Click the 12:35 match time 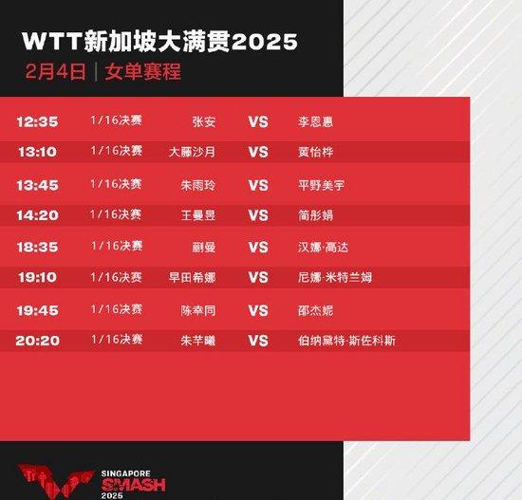(x=38, y=121)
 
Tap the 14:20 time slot (x=38, y=215)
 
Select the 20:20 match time (x=38, y=341)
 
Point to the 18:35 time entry (x=38, y=247)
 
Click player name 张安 (x=204, y=121)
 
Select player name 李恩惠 (x=316, y=121)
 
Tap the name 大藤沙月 (x=192, y=152)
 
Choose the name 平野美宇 (x=321, y=185)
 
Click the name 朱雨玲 (x=198, y=185)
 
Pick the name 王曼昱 (x=198, y=215)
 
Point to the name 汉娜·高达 (x=324, y=248)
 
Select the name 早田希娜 (x=192, y=277)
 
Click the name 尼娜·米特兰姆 (x=335, y=277)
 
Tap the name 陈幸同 (x=198, y=310)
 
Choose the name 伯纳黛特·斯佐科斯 (x=346, y=341)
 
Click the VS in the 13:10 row (x=258, y=152)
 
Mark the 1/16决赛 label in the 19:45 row (x=117, y=309)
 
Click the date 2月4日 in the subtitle (x=56, y=71)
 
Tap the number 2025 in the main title (x=265, y=42)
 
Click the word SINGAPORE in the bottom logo (x=126, y=473)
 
